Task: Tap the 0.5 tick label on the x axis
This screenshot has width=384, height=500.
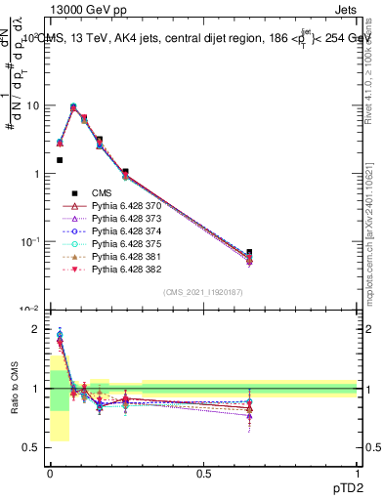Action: point(203,473)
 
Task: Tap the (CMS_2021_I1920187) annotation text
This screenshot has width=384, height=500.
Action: point(203,291)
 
